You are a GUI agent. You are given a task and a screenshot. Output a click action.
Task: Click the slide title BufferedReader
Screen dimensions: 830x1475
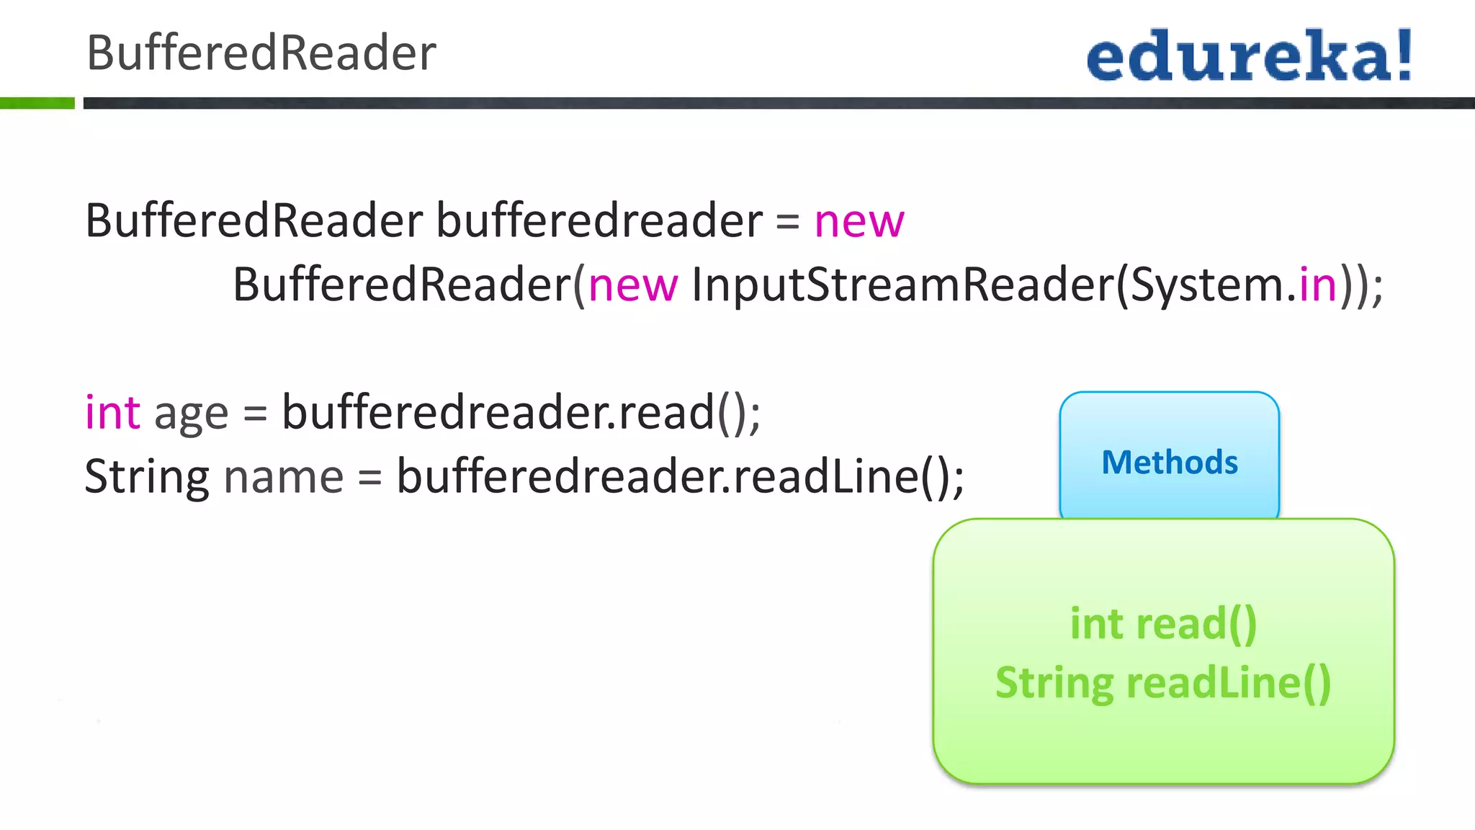pyautogui.click(x=261, y=53)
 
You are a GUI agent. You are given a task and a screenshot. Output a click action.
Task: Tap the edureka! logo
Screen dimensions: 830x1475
pyautogui.click(x=1249, y=55)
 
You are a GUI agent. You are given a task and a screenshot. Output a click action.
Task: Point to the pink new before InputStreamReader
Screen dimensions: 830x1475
pyautogui.click(x=633, y=285)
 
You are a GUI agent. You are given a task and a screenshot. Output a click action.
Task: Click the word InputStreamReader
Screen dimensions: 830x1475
pyautogui.click(x=903, y=285)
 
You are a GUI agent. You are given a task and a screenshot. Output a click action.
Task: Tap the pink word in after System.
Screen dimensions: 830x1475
pyautogui.click(x=1318, y=285)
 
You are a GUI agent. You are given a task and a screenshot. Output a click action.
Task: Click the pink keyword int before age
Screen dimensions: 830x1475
pyautogui.click(x=112, y=413)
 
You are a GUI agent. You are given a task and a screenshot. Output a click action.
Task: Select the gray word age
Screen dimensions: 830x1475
pyautogui.click(x=191, y=415)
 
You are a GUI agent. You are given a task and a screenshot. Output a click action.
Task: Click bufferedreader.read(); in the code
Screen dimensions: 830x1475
pyautogui.click(x=521, y=413)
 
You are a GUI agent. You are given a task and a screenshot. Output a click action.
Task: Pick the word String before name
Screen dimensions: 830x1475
pyautogui.click(x=147, y=477)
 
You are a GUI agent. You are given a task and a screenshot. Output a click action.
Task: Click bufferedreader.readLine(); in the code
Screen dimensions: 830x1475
pyautogui.click(x=681, y=477)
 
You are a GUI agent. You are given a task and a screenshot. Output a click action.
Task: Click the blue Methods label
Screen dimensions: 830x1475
pyautogui.click(x=1170, y=463)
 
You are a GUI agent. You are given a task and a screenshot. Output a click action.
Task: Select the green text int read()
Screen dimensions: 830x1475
pyautogui.click(x=1163, y=624)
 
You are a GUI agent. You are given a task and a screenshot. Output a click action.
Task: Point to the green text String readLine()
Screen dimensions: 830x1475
pyautogui.click(x=1163, y=683)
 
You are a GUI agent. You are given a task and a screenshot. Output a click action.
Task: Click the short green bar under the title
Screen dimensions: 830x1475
pyautogui.click(x=37, y=103)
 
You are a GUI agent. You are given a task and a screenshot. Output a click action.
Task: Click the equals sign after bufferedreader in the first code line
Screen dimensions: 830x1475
pyautogui.click(x=788, y=222)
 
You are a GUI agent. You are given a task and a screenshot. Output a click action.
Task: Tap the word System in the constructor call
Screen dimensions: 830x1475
pyautogui.click(x=1207, y=285)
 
